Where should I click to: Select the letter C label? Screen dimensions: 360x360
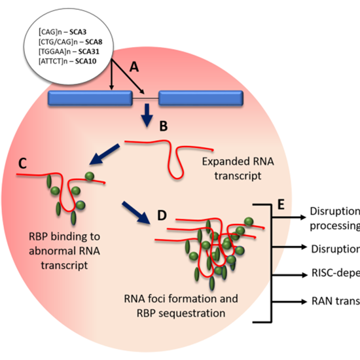[22, 164]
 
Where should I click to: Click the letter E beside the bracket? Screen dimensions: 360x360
[279, 205]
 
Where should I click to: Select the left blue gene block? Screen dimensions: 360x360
[90, 99]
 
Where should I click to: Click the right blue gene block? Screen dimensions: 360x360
[201, 99]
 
